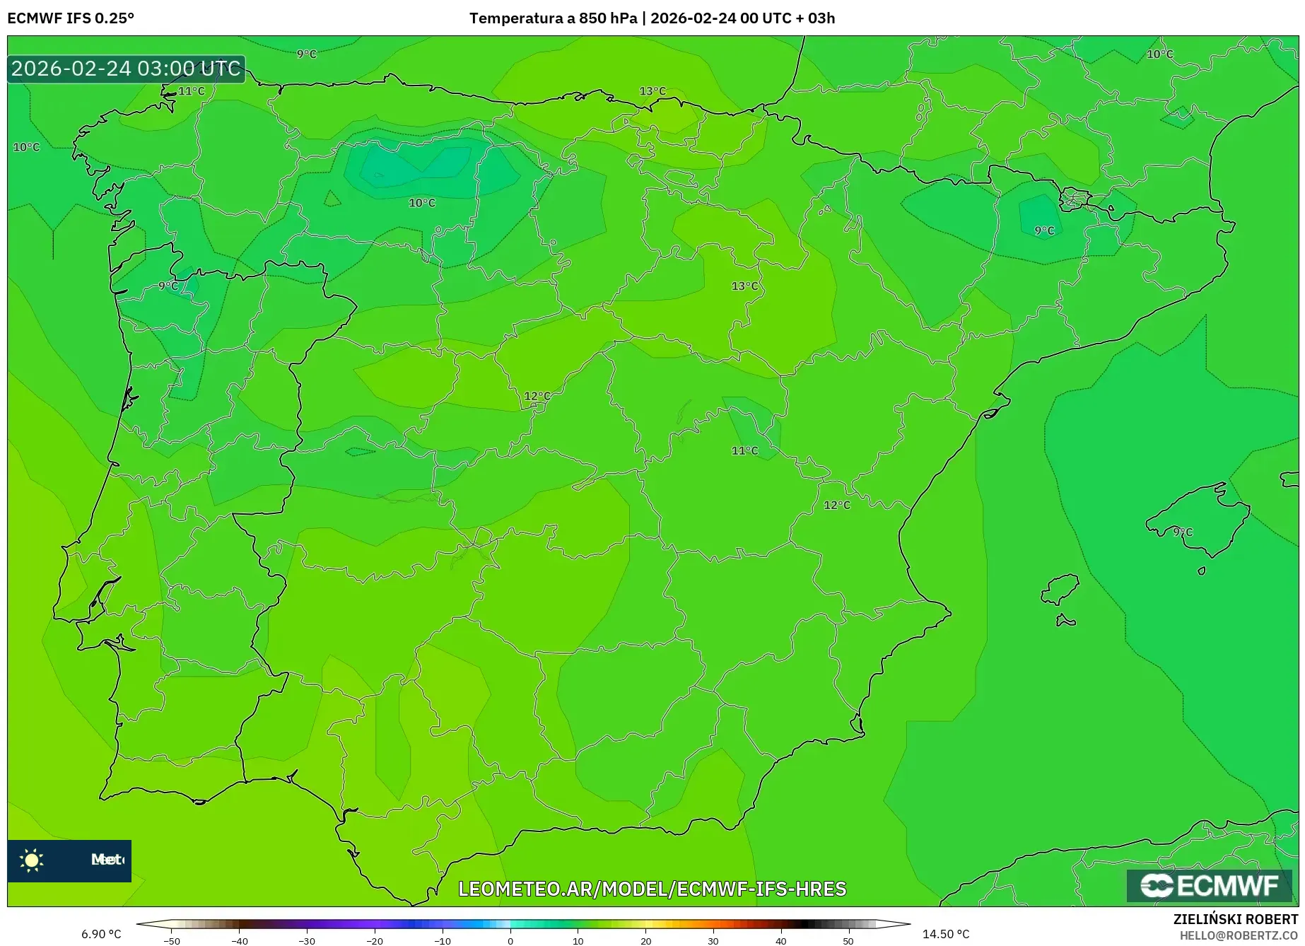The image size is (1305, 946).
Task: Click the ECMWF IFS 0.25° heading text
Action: [71, 18]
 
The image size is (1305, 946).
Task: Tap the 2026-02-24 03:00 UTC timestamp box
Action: [126, 69]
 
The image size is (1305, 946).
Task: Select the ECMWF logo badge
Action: [1209, 885]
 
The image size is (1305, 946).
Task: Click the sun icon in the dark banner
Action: [32, 860]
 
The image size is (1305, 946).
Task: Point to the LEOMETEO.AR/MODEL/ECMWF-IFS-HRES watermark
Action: [652, 889]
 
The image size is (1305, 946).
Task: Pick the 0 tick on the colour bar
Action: [510, 941]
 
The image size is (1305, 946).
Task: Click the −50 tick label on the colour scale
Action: [172, 941]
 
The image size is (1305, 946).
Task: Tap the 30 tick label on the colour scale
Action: [713, 941]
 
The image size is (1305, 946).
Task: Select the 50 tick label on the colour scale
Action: [848, 941]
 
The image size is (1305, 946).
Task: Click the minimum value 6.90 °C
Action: [101, 934]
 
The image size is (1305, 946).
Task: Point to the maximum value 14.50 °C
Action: [945, 934]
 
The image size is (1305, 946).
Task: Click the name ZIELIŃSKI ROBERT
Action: [1236, 919]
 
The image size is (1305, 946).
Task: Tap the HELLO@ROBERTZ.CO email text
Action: [1239, 935]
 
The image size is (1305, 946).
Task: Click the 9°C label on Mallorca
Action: [1183, 532]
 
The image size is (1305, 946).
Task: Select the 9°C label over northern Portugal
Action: [168, 286]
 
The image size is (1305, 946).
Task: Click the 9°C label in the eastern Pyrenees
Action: [1044, 230]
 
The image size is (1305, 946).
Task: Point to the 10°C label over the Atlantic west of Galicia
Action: [27, 147]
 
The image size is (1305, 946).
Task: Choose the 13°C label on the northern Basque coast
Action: [652, 91]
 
